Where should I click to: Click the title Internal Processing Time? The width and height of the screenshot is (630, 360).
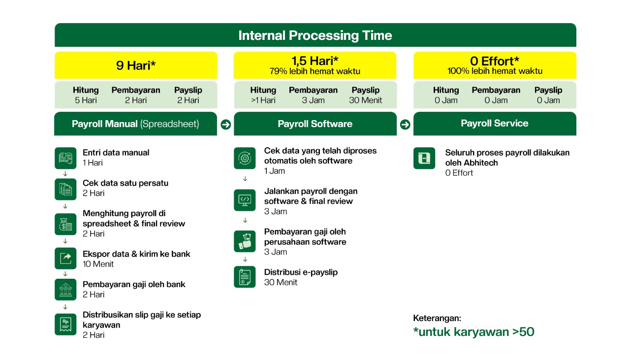click(315, 35)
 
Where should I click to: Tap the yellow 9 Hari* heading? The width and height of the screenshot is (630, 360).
click(136, 65)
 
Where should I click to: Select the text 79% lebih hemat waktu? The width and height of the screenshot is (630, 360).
click(315, 71)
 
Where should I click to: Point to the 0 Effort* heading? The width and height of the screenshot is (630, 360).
click(495, 61)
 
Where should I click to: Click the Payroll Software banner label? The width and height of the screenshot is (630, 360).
click(315, 124)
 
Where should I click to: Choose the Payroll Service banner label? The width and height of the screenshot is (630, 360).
click(495, 123)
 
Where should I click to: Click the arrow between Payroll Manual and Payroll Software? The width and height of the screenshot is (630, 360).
click(225, 125)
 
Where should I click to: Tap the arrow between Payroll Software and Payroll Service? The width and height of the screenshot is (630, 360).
click(405, 125)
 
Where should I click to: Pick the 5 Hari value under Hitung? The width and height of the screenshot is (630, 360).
click(86, 100)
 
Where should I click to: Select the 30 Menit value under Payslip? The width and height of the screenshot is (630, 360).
click(365, 100)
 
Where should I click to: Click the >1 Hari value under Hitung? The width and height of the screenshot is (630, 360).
click(263, 100)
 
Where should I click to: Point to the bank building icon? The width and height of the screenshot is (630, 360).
click(65, 290)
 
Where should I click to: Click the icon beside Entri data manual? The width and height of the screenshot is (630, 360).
click(65, 158)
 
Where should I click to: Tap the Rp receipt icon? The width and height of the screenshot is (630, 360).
click(65, 325)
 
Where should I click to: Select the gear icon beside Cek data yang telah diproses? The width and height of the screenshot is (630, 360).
click(245, 158)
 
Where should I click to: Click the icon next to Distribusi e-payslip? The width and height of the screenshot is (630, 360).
click(245, 277)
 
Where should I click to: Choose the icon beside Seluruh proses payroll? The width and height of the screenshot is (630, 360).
click(424, 158)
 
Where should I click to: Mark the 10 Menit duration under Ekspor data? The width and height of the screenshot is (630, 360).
click(98, 264)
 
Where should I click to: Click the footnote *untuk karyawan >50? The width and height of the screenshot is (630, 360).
click(473, 332)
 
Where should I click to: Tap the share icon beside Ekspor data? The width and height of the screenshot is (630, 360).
click(65, 259)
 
